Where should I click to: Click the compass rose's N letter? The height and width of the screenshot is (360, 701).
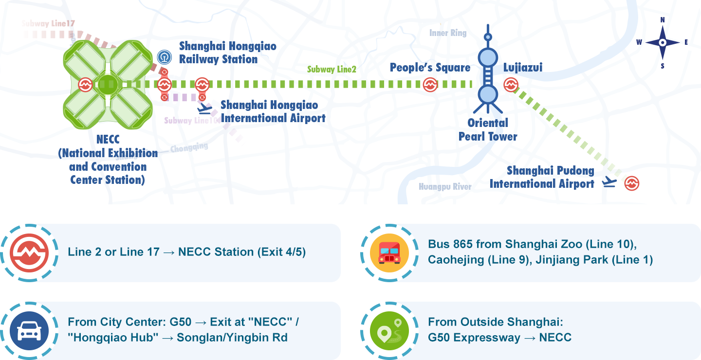(663, 20)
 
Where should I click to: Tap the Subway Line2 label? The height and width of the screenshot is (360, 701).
(332, 70)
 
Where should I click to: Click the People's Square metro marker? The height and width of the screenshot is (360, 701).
(430, 85)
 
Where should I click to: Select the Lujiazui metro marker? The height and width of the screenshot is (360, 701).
(511, 85)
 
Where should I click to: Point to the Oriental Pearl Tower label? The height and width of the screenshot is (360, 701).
(488, 129)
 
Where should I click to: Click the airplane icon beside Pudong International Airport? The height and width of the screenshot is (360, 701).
(609, 182)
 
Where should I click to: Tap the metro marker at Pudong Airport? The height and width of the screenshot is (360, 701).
(631, 183)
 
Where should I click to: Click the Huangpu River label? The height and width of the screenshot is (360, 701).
(445, 187)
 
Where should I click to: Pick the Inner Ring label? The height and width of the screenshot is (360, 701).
(448, 33)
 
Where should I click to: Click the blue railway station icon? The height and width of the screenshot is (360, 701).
(165, 57)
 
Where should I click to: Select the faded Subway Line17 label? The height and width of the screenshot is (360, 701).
(48, 23)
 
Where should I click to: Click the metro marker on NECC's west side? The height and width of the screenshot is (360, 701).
(86, 85)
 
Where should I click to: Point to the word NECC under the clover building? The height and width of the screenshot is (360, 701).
(108, 140)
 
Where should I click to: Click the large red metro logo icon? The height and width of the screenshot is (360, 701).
(29, 253)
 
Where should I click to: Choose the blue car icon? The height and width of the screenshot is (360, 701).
(29, 331)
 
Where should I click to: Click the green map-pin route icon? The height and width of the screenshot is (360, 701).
(389, 331)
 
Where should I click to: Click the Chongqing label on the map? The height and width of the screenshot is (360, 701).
(189, 147)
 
